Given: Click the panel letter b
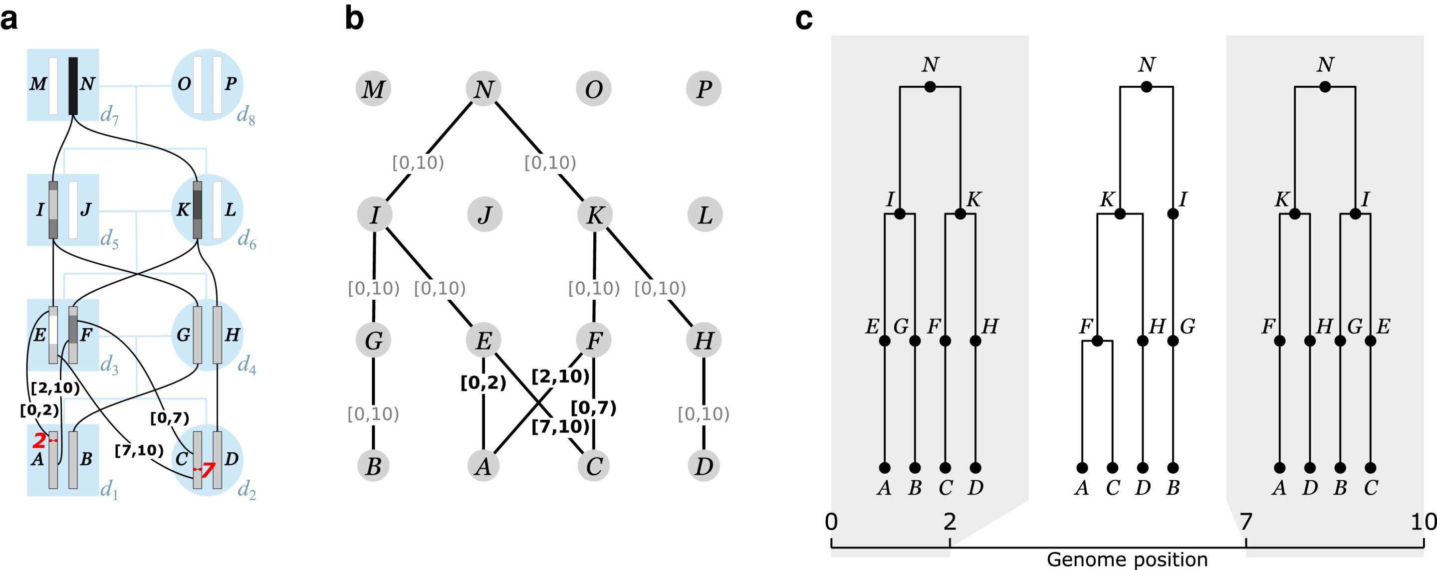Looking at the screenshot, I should point(354,18).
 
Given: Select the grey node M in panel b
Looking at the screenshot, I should point(373,88).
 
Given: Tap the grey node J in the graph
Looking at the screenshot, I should point(484,214).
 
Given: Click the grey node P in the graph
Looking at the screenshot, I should point(704,88).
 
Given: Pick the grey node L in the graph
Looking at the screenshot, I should point(705,214).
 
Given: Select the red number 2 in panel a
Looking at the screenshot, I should point(39,441).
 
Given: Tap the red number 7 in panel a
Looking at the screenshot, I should point(208,470).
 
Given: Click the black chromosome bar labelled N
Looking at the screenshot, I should point(73,86).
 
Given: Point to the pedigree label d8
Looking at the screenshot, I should point(246,116).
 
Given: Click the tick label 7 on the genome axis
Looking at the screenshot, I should point(1246,522).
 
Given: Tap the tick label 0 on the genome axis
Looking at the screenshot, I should point(831,522).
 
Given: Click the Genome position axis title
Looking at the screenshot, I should point(1127,560).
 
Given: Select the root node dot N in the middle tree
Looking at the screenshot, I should point(1147,87).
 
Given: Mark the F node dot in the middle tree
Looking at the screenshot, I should point(1097,341).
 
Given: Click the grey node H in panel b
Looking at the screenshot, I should point(704,340).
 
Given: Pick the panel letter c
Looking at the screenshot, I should point(804,18).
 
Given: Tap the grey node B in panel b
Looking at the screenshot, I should point(373,466).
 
